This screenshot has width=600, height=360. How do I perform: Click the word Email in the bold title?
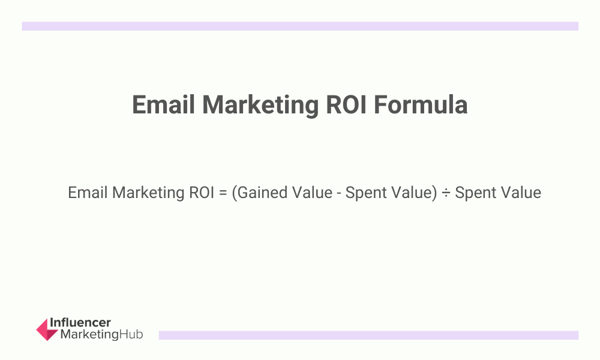click(x=163, y=105)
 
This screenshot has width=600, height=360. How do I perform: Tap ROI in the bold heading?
click(x=346, y=105)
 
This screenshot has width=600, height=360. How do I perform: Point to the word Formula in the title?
click(x=420, y=105)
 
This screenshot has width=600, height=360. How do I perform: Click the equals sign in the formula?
click(x=223, y=193)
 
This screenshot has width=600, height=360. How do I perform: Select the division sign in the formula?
click(x=446, y=193)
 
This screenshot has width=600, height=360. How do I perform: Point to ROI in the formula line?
click(x=202, y=193)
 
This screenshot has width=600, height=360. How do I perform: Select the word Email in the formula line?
click(x=88, y=193)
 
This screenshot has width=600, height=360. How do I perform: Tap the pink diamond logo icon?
click(x=47, y=329)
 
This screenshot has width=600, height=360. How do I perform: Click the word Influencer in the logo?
click(x=80, y=323)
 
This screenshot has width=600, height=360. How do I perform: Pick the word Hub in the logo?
click(x=131, y=334)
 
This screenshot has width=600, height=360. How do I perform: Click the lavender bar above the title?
click(x=300, y=26)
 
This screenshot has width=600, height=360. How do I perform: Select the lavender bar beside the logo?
click(x=368, y=335)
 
